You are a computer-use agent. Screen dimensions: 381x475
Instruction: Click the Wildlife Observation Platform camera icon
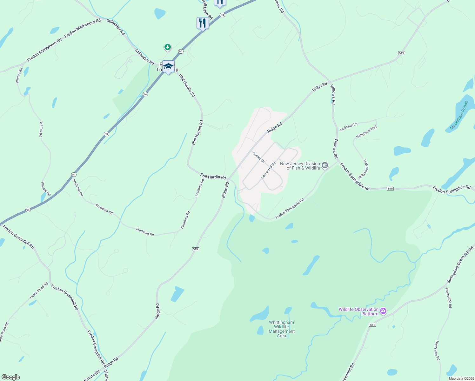(x=383, y=311)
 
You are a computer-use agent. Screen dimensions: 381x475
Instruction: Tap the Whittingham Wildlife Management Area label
(x=281, y=329)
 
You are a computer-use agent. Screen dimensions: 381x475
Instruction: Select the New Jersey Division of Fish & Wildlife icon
(x=325, y=165)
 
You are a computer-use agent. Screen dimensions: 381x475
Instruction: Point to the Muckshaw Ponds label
(x=459, y=115)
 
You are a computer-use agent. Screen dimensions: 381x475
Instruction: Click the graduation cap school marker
(x=168, y=66)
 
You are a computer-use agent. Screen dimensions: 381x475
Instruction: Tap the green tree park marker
(x=168, y=47)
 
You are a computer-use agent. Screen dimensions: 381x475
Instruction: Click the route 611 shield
(x=372, y=325)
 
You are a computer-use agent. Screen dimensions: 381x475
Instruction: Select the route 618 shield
(x=390, y=189)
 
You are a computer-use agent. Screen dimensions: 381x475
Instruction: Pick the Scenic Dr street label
(x=258, y=157)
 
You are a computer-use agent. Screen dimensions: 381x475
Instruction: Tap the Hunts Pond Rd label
(x=39, y=291)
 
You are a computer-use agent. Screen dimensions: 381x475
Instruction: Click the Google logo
(x=10, y=377)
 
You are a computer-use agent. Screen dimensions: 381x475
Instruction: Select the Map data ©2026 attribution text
(x=461, y=378)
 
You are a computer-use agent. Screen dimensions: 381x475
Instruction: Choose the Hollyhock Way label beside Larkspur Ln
(x=366, y=132)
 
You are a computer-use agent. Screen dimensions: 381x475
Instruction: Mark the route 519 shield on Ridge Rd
(x=196, y=249)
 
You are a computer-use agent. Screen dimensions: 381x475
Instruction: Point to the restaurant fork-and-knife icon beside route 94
(x=202, y=23)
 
